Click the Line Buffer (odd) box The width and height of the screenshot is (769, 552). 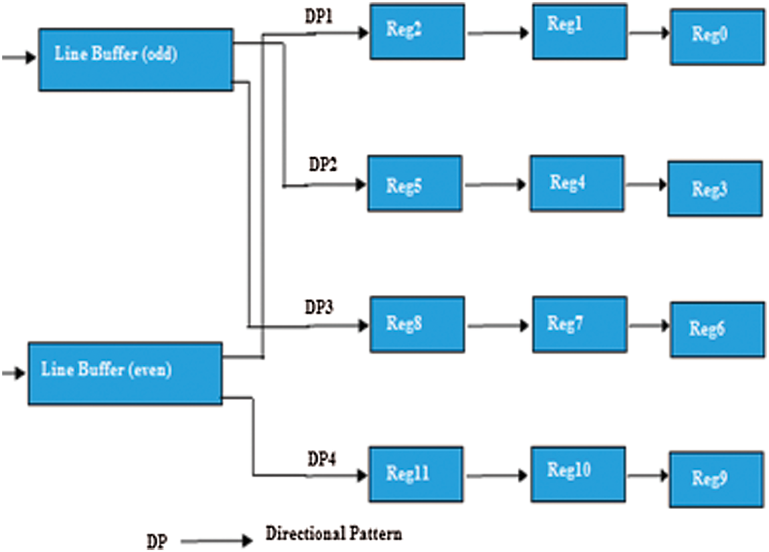[136, 60]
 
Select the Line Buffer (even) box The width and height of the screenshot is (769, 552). [125, 374]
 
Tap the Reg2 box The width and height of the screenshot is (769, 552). [417, 32]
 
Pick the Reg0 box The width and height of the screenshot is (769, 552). [717, 37]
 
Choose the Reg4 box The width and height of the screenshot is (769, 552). [577, 183]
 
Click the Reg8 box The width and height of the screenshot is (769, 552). [417, 324]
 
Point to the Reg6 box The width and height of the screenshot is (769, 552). [717, 329]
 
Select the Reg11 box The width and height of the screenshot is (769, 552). [416, 474]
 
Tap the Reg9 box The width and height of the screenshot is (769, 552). [716, 479]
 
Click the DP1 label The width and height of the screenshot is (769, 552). [318, 17]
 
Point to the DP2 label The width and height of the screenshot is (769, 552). [322, 164]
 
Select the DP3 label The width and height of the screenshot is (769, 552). [319, 307]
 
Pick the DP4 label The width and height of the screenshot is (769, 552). [321, 459]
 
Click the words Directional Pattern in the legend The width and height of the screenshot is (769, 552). [334, 534]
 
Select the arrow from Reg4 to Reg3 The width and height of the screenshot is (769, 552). [646, 184]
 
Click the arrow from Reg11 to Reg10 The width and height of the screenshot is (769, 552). [497, 476]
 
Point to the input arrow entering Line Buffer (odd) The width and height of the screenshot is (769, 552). [19, 57]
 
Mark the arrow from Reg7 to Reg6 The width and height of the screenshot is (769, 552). [649, 326]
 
